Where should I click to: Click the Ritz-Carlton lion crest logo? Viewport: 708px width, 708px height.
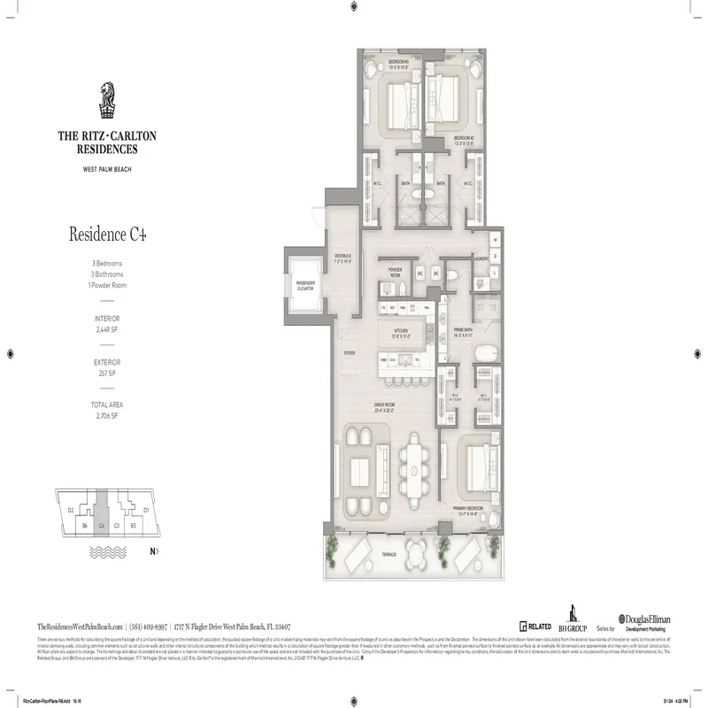pos(107,99)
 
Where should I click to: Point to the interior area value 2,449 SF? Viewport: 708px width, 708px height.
pos(107,327)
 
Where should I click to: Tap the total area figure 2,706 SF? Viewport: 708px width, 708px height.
pos(107,415)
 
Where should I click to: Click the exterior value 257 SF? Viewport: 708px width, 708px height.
pos(107,372)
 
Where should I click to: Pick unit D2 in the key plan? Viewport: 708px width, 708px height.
pos(71,510)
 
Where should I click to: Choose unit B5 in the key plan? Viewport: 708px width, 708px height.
pos(132,526)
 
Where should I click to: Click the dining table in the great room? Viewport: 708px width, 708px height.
pos(414,473)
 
